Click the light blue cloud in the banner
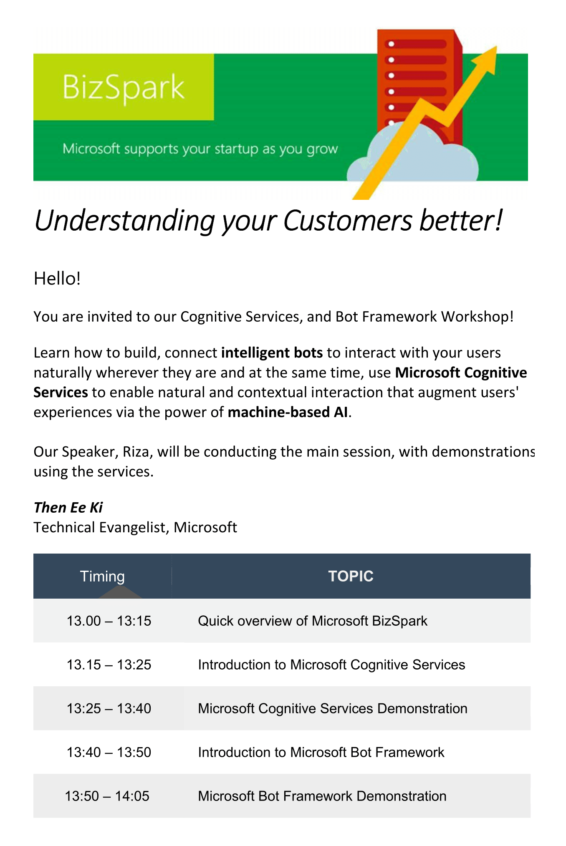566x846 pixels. click(413, 154)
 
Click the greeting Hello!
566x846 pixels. click(57, 279)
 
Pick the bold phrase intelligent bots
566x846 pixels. click(272, 353)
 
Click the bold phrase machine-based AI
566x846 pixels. click(288, 412)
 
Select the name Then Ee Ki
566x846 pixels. click(68, 508)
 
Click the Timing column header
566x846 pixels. click(102, 576)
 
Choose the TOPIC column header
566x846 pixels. click(351, 576)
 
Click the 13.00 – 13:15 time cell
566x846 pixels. click(109, 621)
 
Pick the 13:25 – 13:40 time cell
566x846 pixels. click(109, 708)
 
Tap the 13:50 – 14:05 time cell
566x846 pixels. click(107, 796)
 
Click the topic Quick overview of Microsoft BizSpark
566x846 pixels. click(313, 621)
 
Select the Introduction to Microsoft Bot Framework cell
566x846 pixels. click(321, 752)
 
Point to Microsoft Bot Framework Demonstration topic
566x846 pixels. click(322, 796)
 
